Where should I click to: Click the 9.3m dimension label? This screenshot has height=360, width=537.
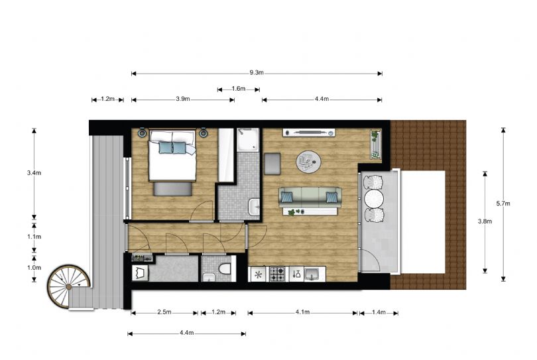257,73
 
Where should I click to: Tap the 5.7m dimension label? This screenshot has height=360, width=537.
503,204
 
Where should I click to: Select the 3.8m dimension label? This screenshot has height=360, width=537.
485,221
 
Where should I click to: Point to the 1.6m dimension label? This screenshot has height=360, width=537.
239,89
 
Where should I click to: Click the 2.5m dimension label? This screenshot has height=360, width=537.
164,312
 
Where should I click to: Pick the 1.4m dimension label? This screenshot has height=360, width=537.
379,312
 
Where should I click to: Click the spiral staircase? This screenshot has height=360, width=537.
68,286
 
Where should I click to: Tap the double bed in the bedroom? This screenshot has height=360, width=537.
172,155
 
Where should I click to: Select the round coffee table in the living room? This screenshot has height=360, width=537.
308,162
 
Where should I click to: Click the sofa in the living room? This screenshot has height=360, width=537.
310,198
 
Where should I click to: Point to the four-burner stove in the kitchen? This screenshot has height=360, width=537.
277,274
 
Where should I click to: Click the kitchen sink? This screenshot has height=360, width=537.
312,274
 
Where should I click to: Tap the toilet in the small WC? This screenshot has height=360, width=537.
225,269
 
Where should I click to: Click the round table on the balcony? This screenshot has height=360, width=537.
374,198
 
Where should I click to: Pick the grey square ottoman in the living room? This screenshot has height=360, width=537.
272,164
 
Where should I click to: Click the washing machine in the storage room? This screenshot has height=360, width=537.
141,273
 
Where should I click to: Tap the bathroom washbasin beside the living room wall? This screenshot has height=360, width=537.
255,208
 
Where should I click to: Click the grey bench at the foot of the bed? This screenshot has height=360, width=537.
172,189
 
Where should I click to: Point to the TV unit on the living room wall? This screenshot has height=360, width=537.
308,133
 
